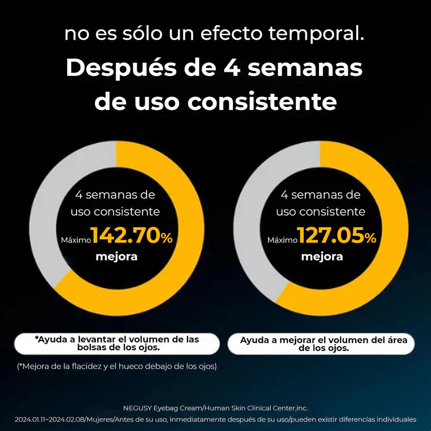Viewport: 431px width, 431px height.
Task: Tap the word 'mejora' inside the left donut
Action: (x=116, y=257)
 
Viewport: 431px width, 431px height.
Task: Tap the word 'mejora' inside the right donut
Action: (x=322, y=257)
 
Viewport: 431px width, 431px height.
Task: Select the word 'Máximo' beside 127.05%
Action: (x=282, y=240)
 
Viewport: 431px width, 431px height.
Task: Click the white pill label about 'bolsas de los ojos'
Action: (x=117, y=344)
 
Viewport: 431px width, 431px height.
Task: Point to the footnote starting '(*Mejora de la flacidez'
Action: (x=116, y=366)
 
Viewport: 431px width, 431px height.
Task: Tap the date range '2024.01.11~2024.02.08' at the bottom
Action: (x=49, y=419)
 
